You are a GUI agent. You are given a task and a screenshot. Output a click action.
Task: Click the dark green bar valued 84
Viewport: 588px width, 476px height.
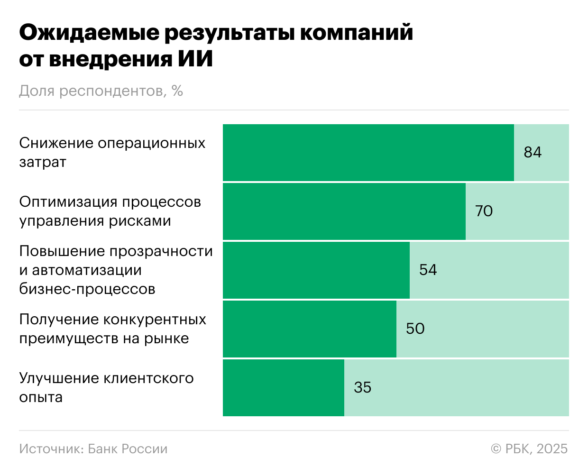click(x=368, y=153)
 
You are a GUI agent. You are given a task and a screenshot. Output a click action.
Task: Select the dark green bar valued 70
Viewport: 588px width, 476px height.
click(x=344, y=211)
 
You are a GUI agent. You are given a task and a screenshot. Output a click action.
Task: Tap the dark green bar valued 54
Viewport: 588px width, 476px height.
click(x=316, y=270)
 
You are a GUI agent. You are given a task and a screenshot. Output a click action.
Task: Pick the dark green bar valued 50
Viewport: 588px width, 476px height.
click(x=309, y=329)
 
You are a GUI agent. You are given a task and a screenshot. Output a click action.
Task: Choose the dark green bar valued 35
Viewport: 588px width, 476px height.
click(x=283, y=388)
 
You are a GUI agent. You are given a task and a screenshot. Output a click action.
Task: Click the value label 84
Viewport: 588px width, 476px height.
click(x=533, y=152)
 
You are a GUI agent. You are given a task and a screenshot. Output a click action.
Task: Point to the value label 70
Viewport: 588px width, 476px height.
click(x=484, y=211)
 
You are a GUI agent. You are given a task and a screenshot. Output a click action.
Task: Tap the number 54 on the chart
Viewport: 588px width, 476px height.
click(x=428, y=270)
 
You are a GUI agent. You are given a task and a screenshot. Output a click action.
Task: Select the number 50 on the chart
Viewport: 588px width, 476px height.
click(x=415, y=329)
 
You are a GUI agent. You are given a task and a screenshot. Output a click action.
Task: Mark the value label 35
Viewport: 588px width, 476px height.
click(x=362, y=387)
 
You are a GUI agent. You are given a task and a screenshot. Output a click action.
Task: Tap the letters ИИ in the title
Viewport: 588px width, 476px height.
click(x=195, y=60)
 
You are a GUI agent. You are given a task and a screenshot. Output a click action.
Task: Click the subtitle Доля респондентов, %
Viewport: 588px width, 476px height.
click(x=101, y=91)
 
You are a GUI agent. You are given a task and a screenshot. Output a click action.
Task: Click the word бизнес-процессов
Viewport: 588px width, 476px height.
click(x=87, y=289)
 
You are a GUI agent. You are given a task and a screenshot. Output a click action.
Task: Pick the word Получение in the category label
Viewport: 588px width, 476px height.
click(x=59, y=319)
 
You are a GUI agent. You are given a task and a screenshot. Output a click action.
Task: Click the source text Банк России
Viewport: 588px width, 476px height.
click(x=128, y=449)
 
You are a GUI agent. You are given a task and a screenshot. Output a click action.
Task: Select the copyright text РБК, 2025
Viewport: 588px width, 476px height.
click(x=536, y=449)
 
